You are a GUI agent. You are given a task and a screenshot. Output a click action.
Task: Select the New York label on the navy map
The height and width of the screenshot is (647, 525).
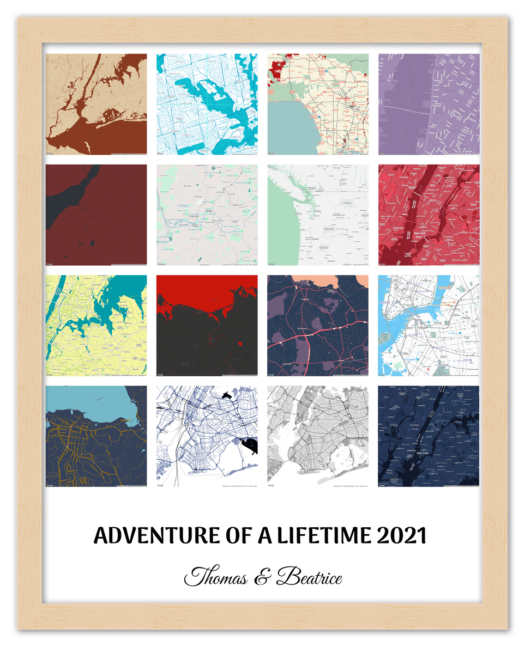pyautogui.click(x=421, y=453)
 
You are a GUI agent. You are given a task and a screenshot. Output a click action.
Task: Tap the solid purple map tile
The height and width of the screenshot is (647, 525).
pyautogui.click(x=429, y=104)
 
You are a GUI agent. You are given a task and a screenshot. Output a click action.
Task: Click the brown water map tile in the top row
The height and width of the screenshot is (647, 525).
pyautogui.click(x=96, y=104)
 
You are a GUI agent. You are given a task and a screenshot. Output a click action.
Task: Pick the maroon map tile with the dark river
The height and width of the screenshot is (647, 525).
pyautogui.click(x=96, y=215)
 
